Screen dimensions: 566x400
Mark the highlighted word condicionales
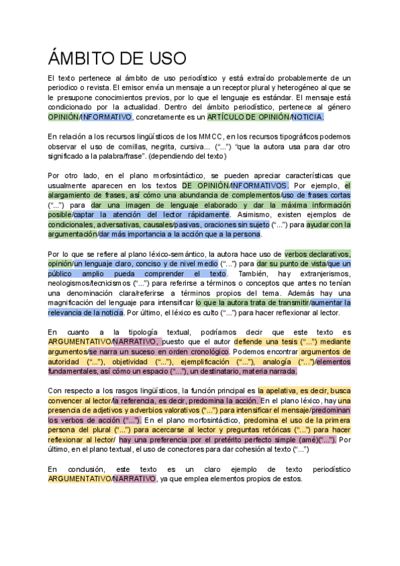click(x=73, y=224)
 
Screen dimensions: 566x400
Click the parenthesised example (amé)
click(x=307, y=440)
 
